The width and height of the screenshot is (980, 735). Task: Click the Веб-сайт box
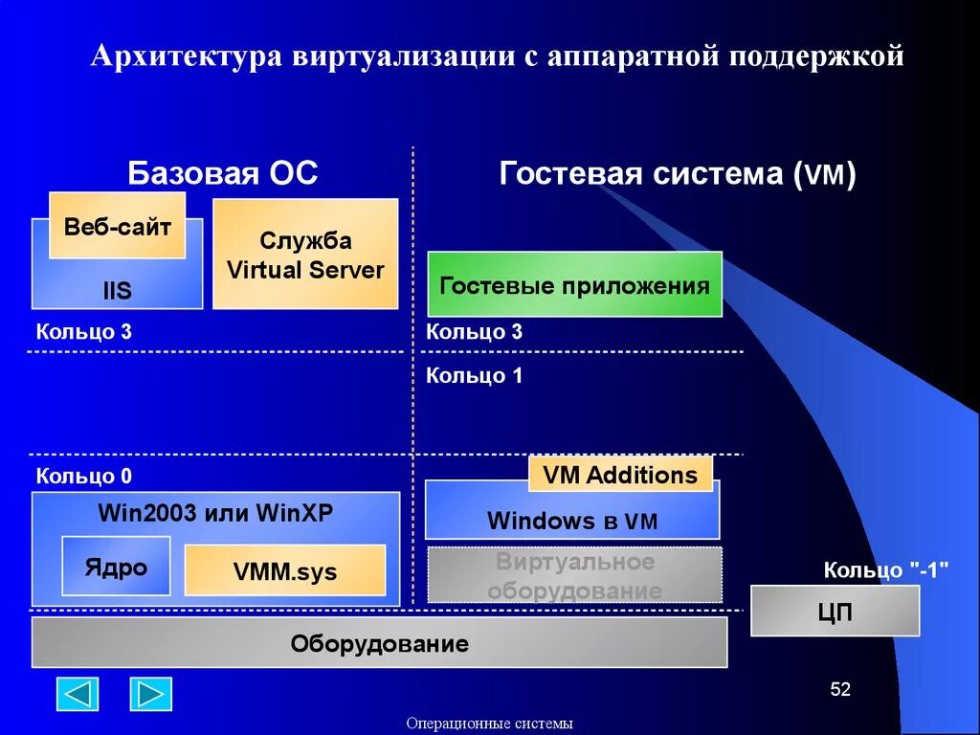tap(117, 226)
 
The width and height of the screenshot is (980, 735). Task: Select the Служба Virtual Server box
tap(305, 254)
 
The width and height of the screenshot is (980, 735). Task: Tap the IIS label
tap(117, 291)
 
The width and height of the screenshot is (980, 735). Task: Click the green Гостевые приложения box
tap(574, 284)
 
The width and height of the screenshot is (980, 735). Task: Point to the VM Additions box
tap(620, 475)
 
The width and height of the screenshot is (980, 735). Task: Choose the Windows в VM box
tap(572, 521)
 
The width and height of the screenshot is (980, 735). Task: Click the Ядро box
tap(117, 567)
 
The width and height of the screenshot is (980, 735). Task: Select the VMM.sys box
tap(284, 571)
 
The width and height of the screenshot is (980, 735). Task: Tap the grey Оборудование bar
tap(379, 643)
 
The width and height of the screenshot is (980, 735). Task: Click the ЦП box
tap(835, 611)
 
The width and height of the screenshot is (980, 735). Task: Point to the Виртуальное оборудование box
tap(574, 575)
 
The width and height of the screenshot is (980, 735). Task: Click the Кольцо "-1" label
tap(885, 570)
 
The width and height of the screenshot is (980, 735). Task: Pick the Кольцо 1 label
tap(474, 376)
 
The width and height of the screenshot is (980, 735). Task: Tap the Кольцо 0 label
tap(84, 476)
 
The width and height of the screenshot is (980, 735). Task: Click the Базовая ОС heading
tap(223, 174)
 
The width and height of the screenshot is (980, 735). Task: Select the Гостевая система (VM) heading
tap(678, 174)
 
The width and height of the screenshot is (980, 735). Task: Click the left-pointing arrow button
tap(78, 694)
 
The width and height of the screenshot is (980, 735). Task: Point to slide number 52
tap(839, 690)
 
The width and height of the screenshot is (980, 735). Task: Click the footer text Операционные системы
tap(489, 724)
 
